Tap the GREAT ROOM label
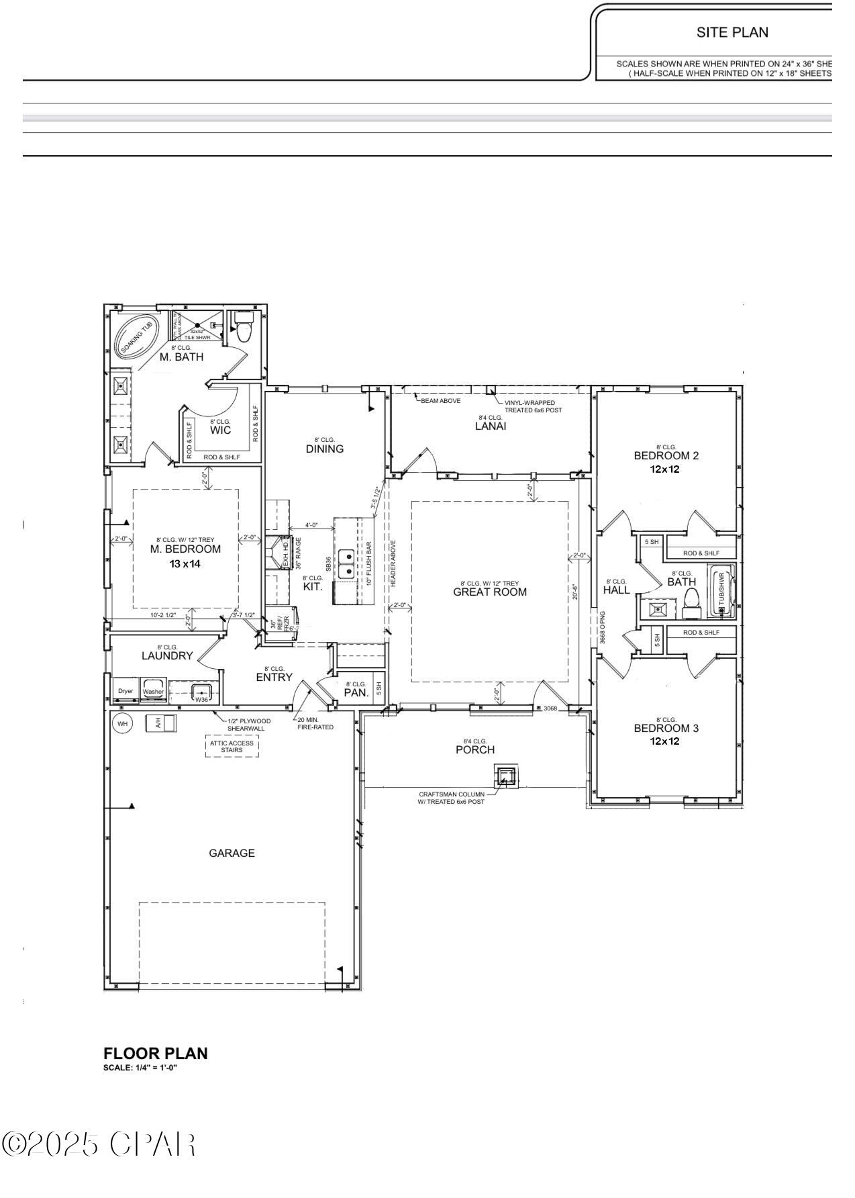click(490, 592)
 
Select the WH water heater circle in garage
click(122, 723)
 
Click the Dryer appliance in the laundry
click(125, 691)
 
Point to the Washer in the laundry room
click(153, 691)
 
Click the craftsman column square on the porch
click(506, 777)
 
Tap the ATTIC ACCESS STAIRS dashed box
click(232, 746)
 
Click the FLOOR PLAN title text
click(156, 1053)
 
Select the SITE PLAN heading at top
click(732, 32)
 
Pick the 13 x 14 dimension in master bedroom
click(185, 563)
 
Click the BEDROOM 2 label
click(666, 455)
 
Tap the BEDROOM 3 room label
click(666, 728)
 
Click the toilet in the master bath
click(244, 328)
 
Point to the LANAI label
click(490, 426)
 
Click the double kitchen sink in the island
click(346, 563)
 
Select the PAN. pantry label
click(356, 692)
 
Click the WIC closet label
click(220, 430)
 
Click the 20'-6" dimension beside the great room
click(575, 592)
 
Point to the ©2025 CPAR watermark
click(99, 1144)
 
